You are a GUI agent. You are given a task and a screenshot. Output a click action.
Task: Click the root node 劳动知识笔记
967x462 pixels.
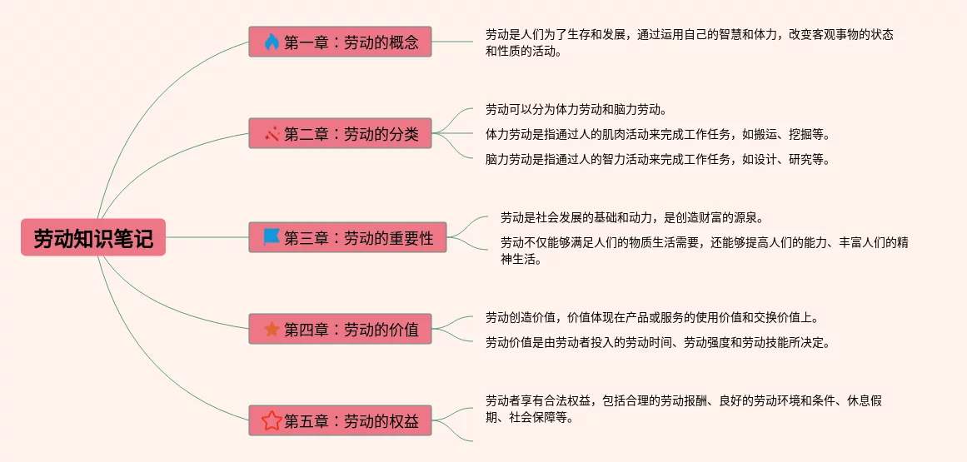[93, 237]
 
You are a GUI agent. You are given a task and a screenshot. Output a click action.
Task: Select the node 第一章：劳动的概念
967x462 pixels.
[340, 42]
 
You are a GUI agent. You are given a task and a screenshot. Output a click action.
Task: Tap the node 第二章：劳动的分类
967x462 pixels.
[340, 133]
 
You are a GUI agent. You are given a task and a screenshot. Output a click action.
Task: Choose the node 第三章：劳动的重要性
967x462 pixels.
[347, 237]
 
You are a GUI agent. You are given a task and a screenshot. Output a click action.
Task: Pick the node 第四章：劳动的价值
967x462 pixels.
[340, 329]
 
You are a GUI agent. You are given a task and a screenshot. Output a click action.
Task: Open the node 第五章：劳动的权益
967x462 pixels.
[340, 420]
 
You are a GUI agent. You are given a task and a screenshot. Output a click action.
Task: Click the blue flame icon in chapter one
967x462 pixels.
[272, 42]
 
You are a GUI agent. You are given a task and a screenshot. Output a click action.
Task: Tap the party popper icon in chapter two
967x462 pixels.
[272, 133]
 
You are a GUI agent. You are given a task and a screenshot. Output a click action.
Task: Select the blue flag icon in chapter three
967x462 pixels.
[272, 237]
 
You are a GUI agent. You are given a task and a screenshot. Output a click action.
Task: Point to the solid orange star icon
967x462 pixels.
[272, 329]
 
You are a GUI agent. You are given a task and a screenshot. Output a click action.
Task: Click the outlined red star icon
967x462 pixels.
[272, 420]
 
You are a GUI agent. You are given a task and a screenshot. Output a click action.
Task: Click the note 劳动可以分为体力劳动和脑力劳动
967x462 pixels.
[576, 109]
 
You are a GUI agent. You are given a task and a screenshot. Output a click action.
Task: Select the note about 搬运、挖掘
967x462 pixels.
[658, 134]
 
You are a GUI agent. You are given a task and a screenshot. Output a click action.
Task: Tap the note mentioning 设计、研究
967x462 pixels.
[658, 159]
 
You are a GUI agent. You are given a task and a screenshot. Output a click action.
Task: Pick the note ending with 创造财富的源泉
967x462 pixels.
[631, 218]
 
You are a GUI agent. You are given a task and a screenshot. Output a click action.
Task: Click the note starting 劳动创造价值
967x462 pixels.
[652, 317]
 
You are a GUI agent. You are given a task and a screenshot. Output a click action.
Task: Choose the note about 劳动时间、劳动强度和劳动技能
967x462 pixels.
[658, 342]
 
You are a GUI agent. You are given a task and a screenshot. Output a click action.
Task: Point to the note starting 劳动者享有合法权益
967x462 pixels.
[683, 409]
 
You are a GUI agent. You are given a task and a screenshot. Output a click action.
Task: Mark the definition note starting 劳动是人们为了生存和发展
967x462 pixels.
[690, 42]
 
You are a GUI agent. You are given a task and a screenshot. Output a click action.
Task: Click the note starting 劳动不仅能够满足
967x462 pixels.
[704, 251]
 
